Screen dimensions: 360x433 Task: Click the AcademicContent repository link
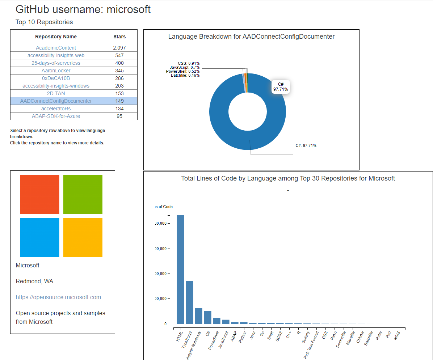[56, 48]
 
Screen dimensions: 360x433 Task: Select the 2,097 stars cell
[119, 48]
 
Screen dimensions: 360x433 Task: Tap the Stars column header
[119, 37]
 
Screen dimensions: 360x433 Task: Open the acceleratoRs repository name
[56, 109]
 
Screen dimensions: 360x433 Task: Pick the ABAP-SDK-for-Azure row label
[56, 116]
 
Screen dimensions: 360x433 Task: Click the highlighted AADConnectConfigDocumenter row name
[56, 101]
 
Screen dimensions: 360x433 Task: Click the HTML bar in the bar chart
[180, 270]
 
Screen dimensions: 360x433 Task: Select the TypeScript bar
[189, 302]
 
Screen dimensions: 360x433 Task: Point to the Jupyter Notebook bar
[198, 316]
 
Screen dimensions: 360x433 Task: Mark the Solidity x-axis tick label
[306, 337]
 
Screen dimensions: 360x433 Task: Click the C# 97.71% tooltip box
[281, 87]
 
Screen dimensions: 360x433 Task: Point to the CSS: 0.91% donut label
[189, 64]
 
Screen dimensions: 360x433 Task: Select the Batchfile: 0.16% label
[185, 75]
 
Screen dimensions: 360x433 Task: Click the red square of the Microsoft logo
[39, 194]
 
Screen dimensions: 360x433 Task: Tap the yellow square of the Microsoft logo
[83, 237]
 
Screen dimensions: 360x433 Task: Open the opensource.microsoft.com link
[58, 297]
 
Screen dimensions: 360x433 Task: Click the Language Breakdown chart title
[251, 37]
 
